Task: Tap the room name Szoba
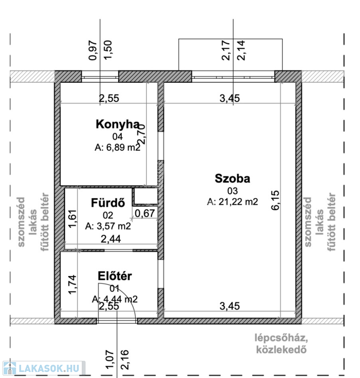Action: tap(232, 179)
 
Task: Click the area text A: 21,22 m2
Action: tap(232, 201)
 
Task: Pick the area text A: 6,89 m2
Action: tap(116, 147)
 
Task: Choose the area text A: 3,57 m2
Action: tap(108, 226)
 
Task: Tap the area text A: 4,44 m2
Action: tap(114, 299)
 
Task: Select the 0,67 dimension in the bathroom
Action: tap(145, 213)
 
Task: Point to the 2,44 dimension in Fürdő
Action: tap(111, 239)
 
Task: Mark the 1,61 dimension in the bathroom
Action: tap(73, 219)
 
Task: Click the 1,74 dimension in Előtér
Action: tap(73, 284)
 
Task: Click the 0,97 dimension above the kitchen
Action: tap(92, 50)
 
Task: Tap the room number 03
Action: tap(232, 190)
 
